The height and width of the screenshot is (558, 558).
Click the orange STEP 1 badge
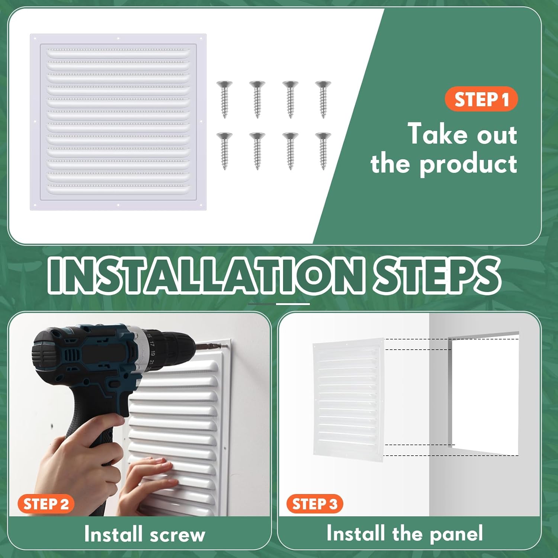(481, 99)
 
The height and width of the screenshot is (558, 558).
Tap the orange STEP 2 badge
(46, 504)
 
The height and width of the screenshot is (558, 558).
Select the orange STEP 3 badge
(314, 504)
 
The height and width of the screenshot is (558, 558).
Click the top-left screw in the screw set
(224, 99)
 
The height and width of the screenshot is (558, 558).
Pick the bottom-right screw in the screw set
(323, 151)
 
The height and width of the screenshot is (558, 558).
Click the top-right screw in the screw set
(323, 99)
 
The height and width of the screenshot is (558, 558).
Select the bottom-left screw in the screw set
(224, 151)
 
